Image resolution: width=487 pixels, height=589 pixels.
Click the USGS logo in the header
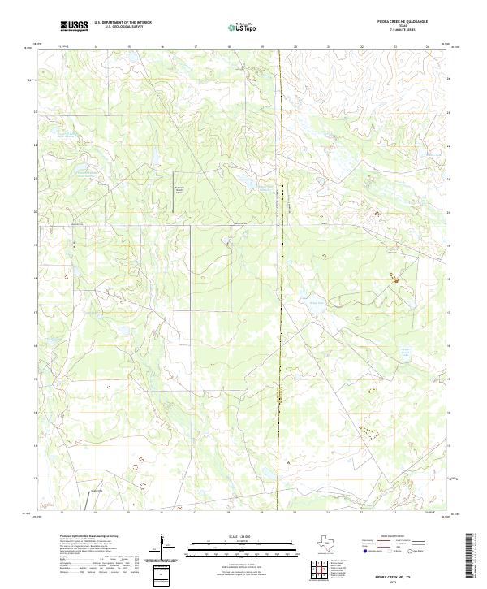pos(74,26)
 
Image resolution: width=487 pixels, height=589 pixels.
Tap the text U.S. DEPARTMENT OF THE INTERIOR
pos(123,23)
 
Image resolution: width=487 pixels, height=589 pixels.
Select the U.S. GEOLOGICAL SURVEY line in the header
pos(123,27)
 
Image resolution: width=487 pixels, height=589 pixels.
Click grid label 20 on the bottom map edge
pos(295,513)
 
